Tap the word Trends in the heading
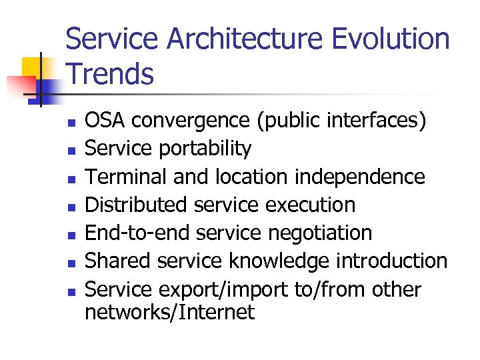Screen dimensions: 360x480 coord(110,74)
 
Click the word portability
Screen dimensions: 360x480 coord(205,149)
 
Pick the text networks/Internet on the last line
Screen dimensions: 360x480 coord(169,312)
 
